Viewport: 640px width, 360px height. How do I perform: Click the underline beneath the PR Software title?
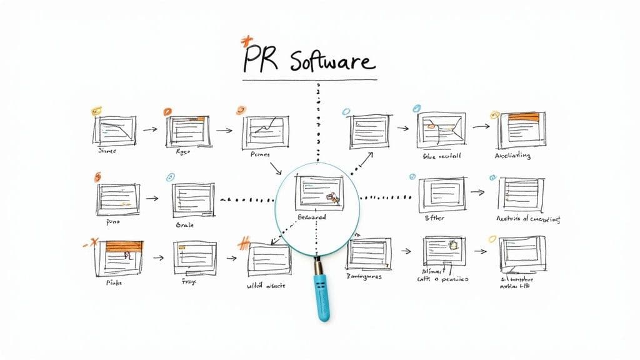(309, 80)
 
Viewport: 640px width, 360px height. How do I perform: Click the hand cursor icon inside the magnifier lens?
(333, 197)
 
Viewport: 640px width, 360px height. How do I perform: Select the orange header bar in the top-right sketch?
(524, 116)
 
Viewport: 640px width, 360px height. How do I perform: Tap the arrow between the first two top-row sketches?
(149, 130)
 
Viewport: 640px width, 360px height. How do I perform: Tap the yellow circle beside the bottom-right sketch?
(492, 238)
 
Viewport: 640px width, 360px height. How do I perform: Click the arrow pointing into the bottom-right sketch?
(480, 251)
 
